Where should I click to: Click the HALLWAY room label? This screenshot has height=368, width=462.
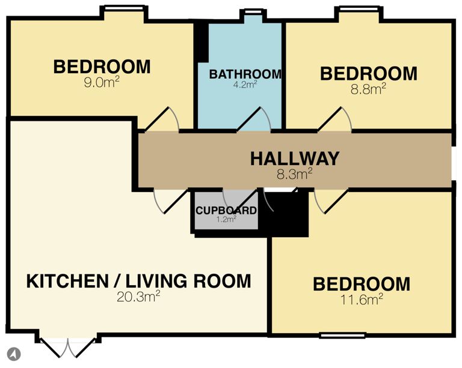295,158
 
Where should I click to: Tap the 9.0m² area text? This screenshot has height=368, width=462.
102,82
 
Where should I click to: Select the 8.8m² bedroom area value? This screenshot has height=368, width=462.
368,89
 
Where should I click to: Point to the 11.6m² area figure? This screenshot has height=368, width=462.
362,298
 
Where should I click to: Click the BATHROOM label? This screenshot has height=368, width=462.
245,74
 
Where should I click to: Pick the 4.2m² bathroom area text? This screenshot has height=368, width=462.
245,85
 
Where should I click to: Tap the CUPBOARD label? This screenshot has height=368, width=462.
226,211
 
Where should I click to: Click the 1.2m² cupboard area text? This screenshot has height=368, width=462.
226,220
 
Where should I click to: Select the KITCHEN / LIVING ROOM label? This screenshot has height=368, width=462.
138,280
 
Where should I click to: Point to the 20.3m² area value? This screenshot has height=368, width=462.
138,295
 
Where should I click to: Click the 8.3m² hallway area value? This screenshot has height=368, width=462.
295,174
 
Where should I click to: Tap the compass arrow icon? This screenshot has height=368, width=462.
13,354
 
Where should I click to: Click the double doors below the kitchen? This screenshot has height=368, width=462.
68,345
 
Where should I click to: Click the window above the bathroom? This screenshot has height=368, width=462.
253,11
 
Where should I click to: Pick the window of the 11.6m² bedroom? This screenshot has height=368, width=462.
342,334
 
